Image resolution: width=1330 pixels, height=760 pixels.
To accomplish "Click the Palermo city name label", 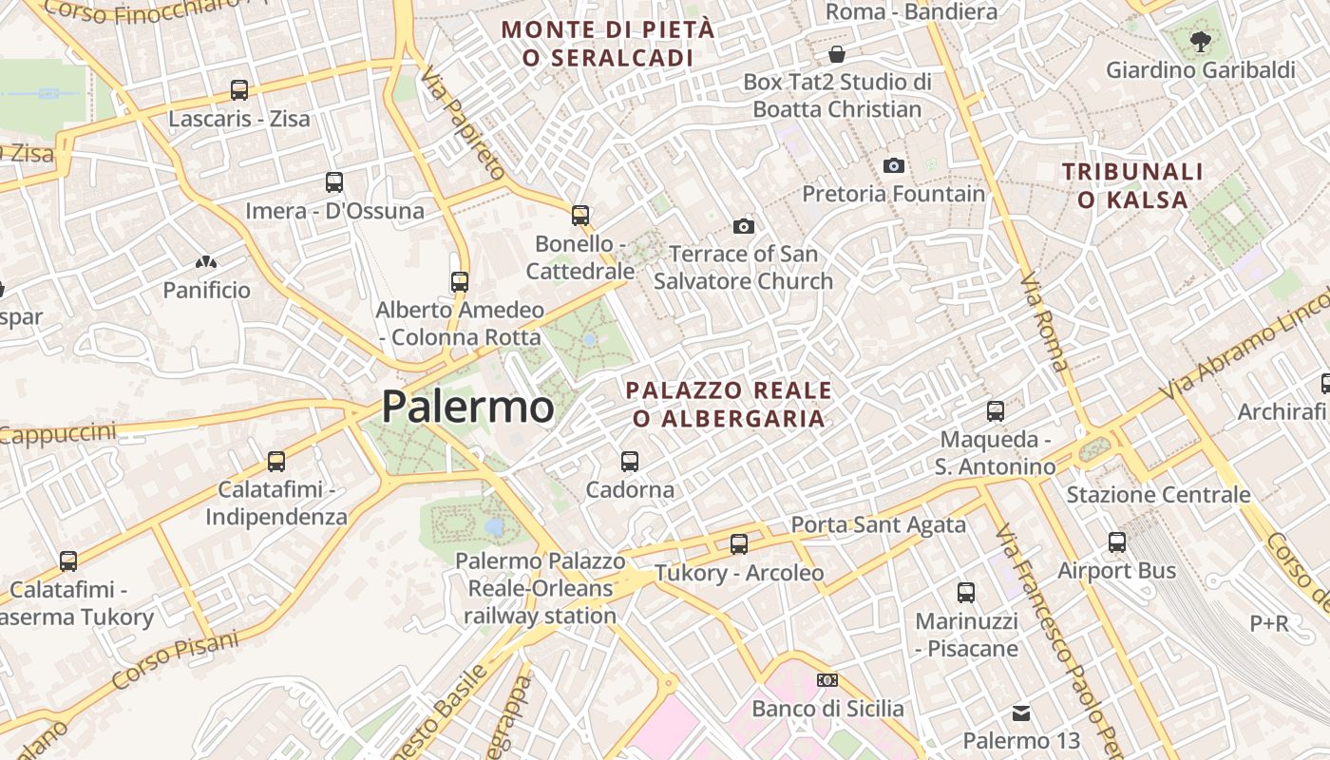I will click(467, 408).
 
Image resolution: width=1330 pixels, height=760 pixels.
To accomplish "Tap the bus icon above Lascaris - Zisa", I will click(239, 90).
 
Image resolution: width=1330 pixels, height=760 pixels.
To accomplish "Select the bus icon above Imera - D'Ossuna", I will click(334, 181).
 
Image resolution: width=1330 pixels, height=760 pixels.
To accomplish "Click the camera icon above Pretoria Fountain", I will click(894, 165).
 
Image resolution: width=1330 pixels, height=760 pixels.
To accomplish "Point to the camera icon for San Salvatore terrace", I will click(744, 226).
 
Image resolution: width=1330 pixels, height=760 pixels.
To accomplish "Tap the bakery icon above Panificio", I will click(206, 261).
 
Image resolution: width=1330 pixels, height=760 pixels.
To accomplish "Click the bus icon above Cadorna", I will click(630, 461).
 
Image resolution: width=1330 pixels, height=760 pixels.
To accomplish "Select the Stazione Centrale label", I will click(1158, 495).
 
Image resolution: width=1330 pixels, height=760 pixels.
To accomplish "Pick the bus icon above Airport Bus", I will click(1117, 542).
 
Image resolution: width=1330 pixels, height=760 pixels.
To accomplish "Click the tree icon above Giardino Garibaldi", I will click(1201, 41).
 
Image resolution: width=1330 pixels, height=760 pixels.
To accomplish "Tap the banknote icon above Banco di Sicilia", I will click(827, 680).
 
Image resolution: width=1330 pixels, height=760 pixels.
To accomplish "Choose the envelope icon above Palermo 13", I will click(1021, 712).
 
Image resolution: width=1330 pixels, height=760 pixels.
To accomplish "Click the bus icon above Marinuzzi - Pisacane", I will click(966, 593).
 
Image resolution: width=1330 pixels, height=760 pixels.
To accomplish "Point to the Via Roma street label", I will click(1043, 322).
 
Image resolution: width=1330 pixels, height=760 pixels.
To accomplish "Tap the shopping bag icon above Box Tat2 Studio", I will click(837, 53).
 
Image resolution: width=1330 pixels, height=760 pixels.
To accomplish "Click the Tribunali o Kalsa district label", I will click(1132, 186).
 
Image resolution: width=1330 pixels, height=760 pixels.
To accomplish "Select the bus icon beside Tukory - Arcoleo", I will click(739, 544).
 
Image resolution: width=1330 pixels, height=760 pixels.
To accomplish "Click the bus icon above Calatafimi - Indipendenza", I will click(276, 462).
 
